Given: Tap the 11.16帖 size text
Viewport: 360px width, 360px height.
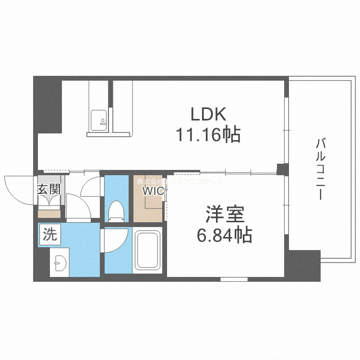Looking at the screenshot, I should point(208,136).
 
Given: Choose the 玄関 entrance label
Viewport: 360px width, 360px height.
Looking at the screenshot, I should point(48,189).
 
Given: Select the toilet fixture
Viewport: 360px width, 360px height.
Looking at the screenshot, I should point(115,210).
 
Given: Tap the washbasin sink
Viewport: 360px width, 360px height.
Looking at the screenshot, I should point(60,263).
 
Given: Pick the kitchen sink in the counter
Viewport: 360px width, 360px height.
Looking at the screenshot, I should point(99,118).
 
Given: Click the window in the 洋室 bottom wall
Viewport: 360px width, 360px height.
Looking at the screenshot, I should point(234,279).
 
